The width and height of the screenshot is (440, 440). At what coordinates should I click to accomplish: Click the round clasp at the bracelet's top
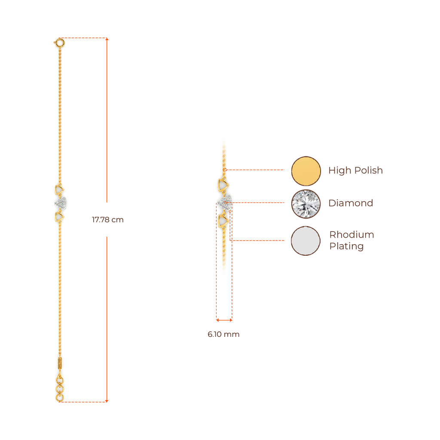59,43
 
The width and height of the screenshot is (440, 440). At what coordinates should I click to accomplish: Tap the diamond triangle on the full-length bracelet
60,203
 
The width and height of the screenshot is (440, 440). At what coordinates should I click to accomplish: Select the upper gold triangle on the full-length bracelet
59,189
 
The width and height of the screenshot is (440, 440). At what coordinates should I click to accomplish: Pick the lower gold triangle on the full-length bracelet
59,217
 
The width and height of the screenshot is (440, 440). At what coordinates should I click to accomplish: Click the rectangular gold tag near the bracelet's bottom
59,363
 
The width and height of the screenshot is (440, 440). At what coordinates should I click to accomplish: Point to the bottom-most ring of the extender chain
60,398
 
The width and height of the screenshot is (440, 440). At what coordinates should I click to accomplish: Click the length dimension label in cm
107,220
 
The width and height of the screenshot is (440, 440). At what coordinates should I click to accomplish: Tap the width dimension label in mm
223,335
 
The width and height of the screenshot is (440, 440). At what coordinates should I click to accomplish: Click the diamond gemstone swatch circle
306,204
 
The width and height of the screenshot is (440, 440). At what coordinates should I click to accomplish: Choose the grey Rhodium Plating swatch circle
306,241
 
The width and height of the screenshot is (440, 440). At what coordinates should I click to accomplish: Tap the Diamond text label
351,203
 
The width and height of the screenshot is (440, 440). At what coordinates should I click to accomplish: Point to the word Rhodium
351,235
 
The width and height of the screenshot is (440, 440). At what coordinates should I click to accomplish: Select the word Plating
346,247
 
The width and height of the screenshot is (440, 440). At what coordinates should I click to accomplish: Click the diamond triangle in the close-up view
225,202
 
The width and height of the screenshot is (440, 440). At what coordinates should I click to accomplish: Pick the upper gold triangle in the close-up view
223,185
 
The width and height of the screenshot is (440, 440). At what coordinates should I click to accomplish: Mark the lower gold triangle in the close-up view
223,221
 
